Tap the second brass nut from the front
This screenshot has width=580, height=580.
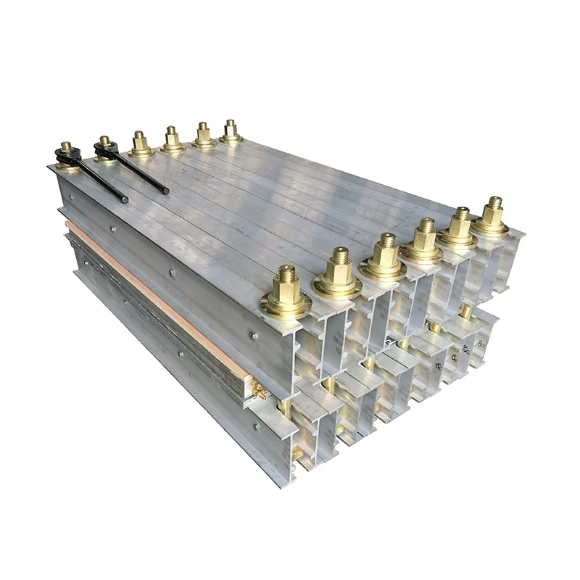pos(338,273)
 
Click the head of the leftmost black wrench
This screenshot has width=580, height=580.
pos(67,154)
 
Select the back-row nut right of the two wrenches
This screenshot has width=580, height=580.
pos(141,144)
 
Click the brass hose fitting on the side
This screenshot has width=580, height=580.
pos(258,392)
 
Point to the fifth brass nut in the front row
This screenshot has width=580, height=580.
pos(458,228)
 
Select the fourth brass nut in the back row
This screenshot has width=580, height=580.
pos(173,139)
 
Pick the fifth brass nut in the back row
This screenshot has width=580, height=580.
pos(204,136)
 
